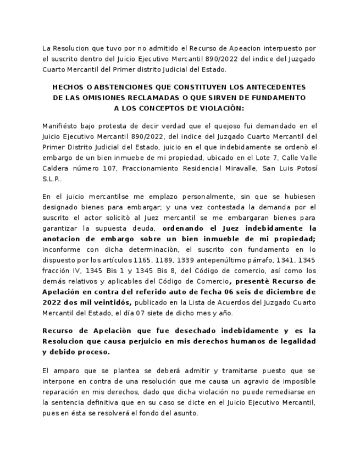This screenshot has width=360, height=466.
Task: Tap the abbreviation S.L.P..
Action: coord(52,179)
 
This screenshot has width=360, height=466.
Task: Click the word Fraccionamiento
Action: coord(149,168)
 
